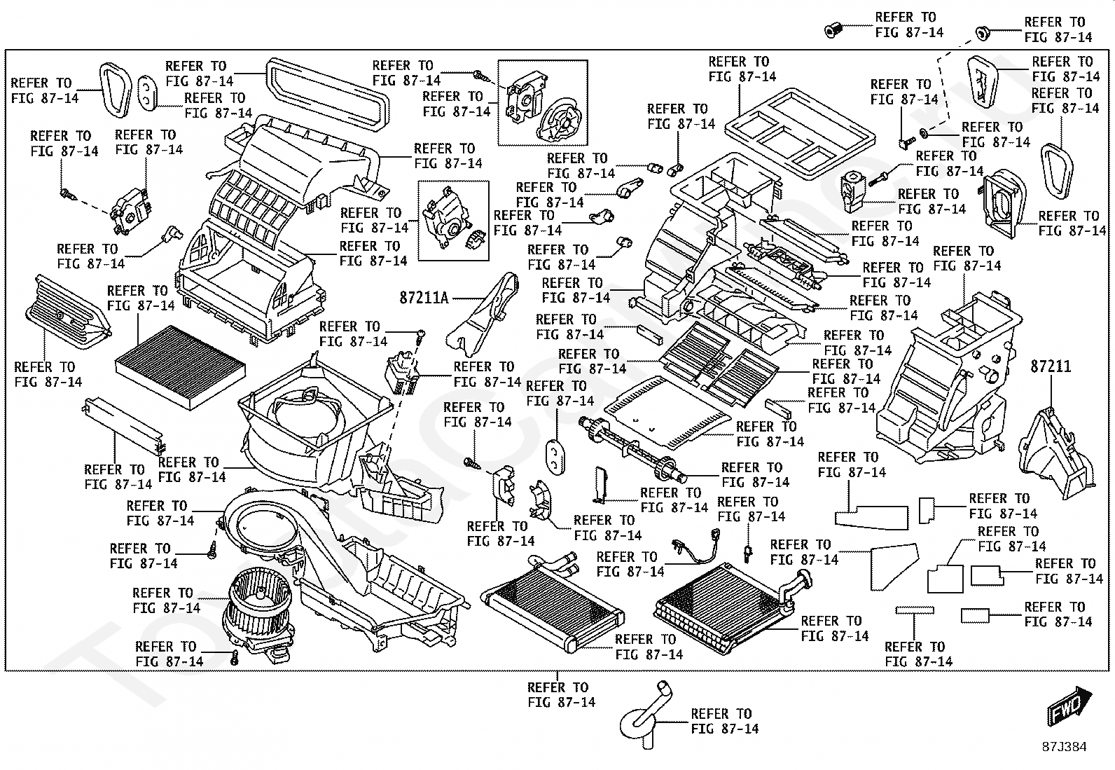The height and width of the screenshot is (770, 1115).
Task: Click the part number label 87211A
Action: pos(424,298)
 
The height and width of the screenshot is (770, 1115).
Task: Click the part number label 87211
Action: pos(1051,366)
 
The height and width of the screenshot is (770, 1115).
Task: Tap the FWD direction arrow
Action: pos(1070,706)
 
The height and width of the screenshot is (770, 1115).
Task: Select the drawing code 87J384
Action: pos(1065,747)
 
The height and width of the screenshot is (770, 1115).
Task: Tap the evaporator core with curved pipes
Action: pos(729,607)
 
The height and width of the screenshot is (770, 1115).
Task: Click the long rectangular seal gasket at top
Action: pos(328,95)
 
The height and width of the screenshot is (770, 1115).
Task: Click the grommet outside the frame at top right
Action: pos(983,34)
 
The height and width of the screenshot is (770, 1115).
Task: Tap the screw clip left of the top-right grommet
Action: pos(832,30)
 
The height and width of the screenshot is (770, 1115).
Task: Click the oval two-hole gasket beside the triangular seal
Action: pos(147,93)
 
